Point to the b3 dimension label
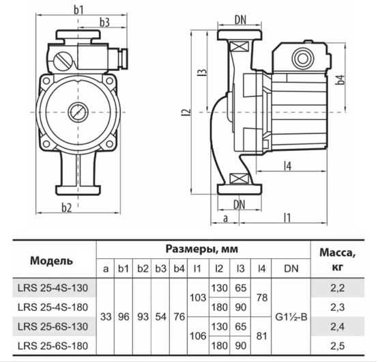coord(104,22)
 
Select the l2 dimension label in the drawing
coord(186,112)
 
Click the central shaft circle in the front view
coord(75,113)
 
